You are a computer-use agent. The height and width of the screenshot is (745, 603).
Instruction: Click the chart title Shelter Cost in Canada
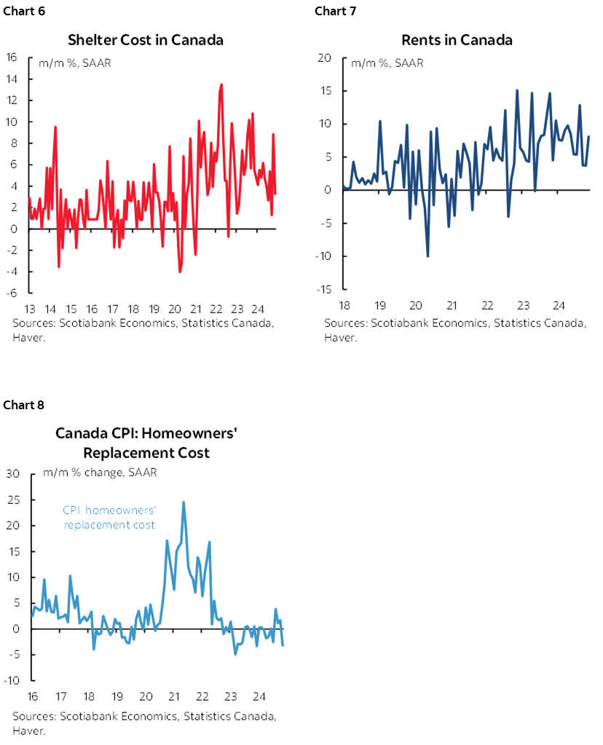[145, 39]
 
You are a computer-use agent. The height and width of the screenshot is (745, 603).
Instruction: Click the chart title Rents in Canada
[457, 39]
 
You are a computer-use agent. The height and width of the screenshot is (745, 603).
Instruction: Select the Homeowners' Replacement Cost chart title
[147, 444]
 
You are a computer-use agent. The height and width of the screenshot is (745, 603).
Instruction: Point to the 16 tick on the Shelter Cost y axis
[12, 57]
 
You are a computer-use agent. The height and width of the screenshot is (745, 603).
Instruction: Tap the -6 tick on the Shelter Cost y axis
[12, 293]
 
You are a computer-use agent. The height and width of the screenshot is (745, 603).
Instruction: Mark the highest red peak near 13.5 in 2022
[221, 84]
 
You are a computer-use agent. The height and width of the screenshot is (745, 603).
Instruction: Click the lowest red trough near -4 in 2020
[180, 272]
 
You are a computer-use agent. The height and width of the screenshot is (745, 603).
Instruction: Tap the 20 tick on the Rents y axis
[326, 58]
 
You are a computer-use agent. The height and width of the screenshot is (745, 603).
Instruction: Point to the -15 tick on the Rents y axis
[324, 289]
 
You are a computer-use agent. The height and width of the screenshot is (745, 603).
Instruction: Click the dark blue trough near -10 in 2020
[427, 256]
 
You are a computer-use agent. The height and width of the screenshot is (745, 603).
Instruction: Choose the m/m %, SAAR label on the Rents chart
[387, 63]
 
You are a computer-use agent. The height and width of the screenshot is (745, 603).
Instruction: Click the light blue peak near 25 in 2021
[184, 502]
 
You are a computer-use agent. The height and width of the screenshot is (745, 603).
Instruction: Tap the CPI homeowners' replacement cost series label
[109, 518]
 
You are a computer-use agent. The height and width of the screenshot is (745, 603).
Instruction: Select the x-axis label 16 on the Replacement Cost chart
[33, 695]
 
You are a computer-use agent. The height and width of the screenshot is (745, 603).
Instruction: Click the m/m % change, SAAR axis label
[100, 473]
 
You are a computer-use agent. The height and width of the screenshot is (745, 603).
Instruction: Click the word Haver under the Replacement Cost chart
[28, 730]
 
